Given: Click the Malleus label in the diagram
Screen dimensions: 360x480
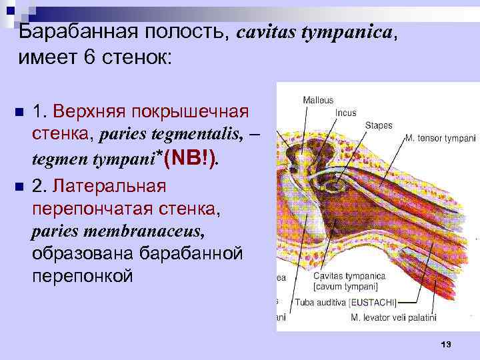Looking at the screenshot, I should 318,100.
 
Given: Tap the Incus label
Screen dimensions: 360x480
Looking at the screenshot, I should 345,113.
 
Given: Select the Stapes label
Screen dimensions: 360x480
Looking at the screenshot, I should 378,125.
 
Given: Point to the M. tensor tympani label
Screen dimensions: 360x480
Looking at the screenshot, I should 440,139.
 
